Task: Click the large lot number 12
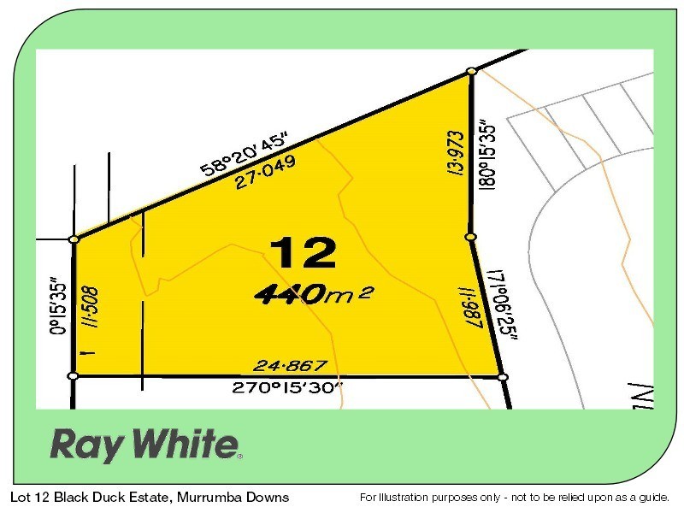click(304, 254)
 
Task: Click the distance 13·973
click(455, 151)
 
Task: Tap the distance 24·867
click(286, 366)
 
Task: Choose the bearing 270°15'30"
click(287, 387)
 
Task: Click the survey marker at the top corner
click(470, 72)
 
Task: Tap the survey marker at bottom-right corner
click(502, 376)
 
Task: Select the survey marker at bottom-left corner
click(74, 375)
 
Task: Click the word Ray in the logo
click(85, 445)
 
